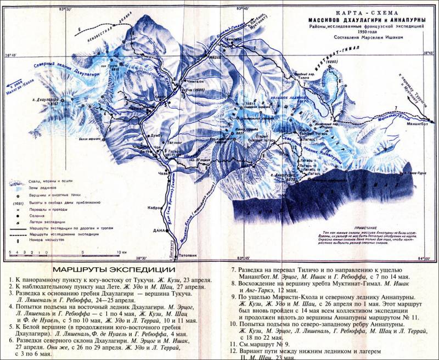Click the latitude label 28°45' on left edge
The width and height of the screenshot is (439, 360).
pos(11,55)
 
